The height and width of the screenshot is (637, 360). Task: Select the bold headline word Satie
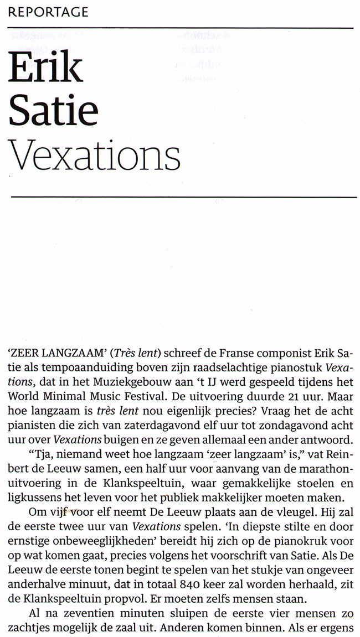tap(54, 110)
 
